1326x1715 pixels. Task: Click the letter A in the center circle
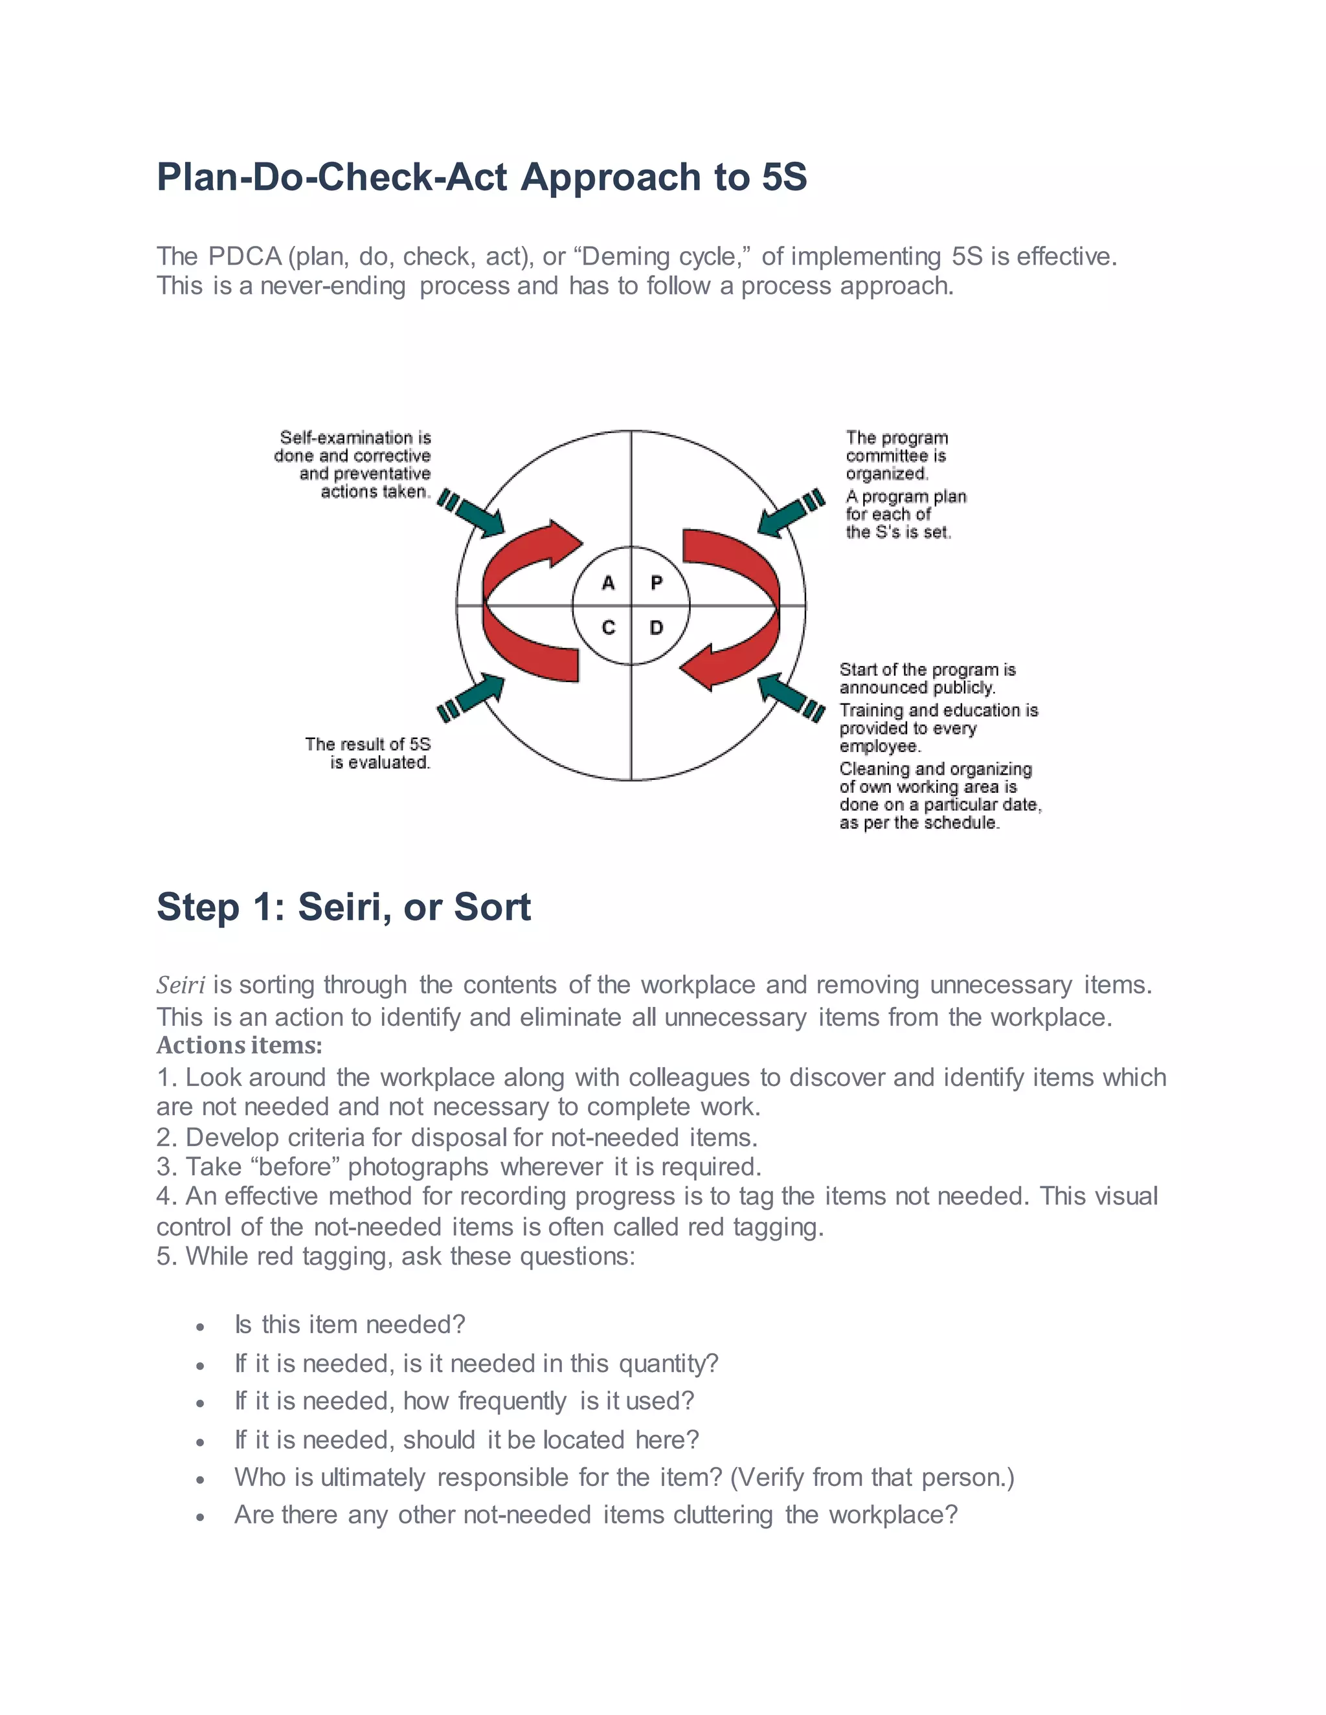[x=607, y=582]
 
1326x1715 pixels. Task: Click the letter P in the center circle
[x=657, y=582]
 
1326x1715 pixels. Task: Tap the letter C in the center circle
[x=607, y=627]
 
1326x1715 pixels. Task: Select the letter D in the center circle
[x=657, y=627]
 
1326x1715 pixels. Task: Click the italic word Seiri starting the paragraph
[x=181, y=985]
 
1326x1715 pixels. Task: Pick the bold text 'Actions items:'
[x=239, y=1045]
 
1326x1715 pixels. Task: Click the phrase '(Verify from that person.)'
[x=872, y=1477]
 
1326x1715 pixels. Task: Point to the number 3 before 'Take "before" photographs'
[x=163, y=1167]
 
